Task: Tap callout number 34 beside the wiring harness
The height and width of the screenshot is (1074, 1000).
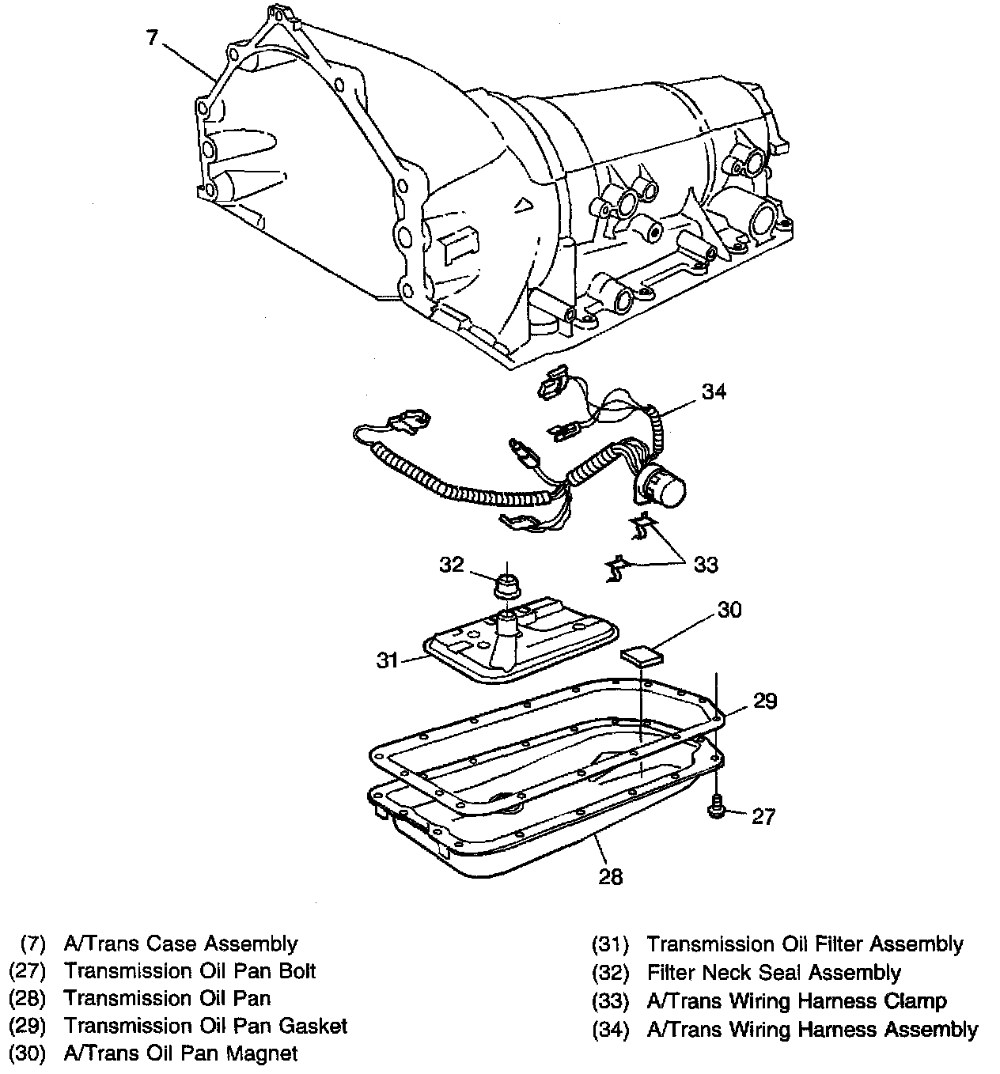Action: click(714, 391)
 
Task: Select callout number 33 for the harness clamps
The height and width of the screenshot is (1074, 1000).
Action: click(706, 564)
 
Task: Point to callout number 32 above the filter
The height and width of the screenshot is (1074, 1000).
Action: click(451, 564)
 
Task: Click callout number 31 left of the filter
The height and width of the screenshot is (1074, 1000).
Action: click(387, 660)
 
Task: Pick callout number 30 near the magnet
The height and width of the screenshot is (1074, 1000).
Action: click(729, 610)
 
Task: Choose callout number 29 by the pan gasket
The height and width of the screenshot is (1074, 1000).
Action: click(765, 701)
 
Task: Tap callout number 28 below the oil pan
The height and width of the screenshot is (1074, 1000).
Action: click(611, 875)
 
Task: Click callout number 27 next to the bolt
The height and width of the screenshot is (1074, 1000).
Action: click(763, 815)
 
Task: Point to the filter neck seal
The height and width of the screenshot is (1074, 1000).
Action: click(506, 587)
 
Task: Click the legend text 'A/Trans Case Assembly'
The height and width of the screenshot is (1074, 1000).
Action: click(180, 944)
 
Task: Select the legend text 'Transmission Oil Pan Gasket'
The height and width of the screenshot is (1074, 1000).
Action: click(206, 1026)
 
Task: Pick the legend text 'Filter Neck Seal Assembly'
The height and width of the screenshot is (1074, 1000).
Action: click(774, 972)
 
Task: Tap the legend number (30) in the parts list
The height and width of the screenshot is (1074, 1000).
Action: click(28, 1053)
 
